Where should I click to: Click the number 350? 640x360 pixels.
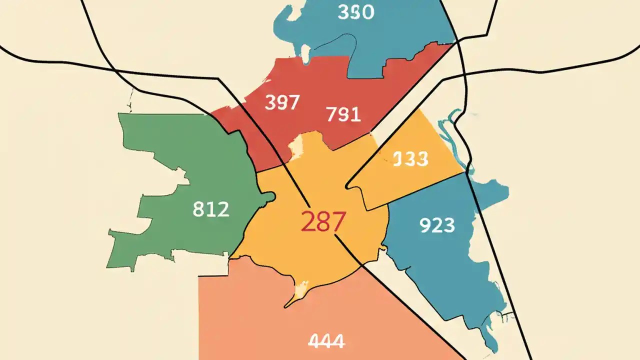pyautogui.click(x=355, y=12)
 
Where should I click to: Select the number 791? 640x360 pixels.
pyautogui.click(x=343, y=115)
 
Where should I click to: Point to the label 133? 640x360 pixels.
pyautogui.click(x=410, y=159)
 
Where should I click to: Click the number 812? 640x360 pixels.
pyautogui.click(x=210, y=209)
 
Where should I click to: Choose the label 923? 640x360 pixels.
pyautogui.click(x=436, y=225)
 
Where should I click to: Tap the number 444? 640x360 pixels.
pyautogui.click(x=326, y=341)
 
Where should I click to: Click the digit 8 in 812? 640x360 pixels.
pyautogui.click(x=198, y=209)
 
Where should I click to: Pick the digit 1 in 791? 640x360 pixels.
pyautogui.click(x=355, y=115)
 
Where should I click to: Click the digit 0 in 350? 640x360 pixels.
pyautogui.click(x=367, y=12)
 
